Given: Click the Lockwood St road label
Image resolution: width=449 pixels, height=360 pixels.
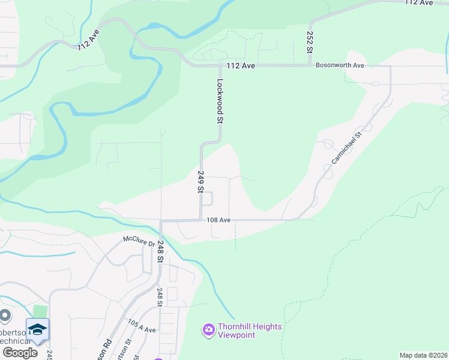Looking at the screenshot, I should pyautogui.click(x=220, y=101).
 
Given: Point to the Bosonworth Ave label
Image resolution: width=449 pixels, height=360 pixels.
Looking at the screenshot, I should pyautogui.click(x=340, y=65).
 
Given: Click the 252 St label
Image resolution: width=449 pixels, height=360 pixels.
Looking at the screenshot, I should pyautogui.click(x=310, y=43).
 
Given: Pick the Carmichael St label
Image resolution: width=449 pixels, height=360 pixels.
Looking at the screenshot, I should pyautogui.click(x=346, y=148).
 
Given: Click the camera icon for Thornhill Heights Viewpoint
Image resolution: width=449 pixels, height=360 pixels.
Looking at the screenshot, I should pyautogui.click(x=209, y=329).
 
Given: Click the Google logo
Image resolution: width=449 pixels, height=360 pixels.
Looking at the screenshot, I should pyautogui.click(x=19, y=353).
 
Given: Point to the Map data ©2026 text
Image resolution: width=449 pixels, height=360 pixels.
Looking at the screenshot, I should pyautogui.click(x=423, y=355).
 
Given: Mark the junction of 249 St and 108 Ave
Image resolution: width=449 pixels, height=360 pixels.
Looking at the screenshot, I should pyautogui.click(x=200, y=220).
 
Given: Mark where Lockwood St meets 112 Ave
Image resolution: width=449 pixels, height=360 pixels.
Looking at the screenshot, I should pyautogui.click(x=217, y=65).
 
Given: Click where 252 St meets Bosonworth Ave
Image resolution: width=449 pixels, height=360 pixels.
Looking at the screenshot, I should pyautogui.click(x=310, y=65).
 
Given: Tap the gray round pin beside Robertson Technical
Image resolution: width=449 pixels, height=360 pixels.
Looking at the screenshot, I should pyautogui.click(x=5, y=315).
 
